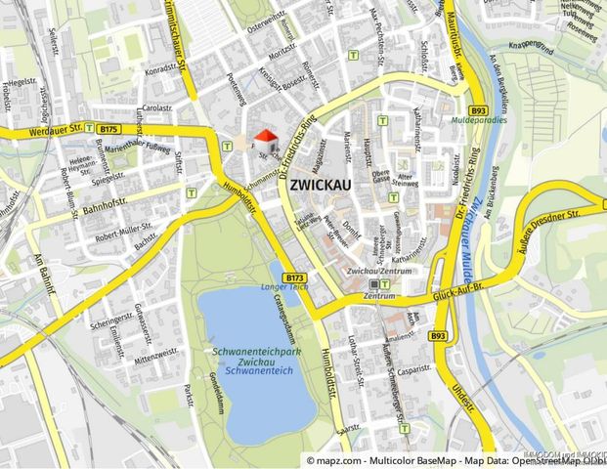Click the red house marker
(265, 140)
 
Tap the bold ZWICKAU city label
(322, 184)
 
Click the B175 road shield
(108, 128)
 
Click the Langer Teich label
(282, 287)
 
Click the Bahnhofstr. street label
(103, 183)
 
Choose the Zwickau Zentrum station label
(378, 271)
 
